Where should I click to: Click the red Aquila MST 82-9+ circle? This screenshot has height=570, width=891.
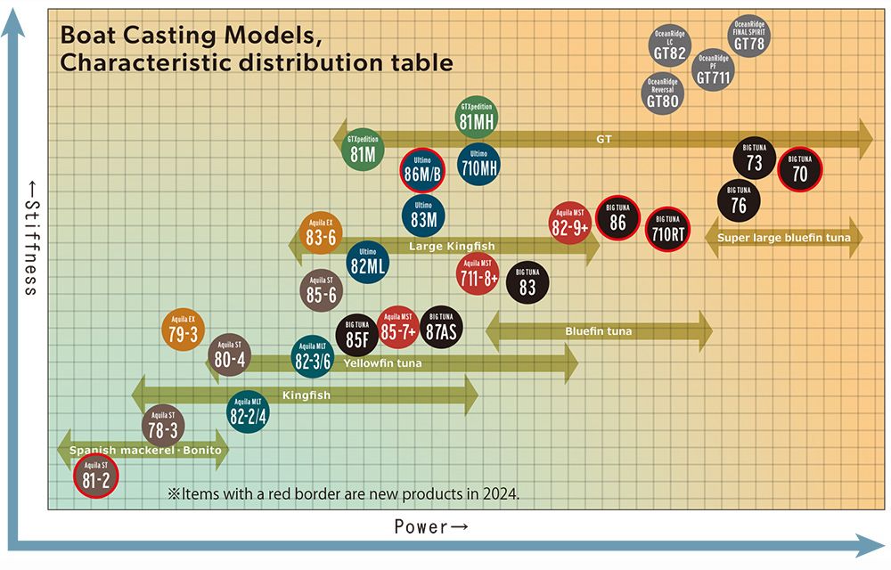(570, 224)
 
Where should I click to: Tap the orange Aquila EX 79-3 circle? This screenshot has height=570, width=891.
(183, 329)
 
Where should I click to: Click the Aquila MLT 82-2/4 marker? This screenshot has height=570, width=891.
(249, 411)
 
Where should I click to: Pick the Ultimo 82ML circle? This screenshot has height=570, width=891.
(367, 263)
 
